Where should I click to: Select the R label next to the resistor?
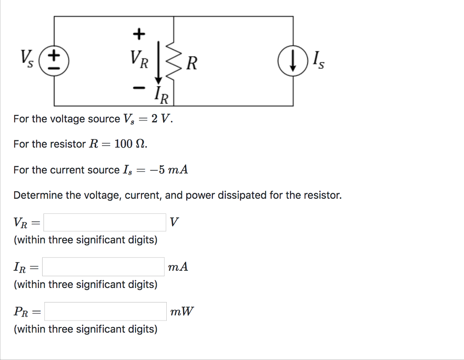pos(192,63)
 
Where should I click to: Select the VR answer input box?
pos(105,222)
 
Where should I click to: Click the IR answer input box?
pos(104,267)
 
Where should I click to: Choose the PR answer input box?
pos(105,312)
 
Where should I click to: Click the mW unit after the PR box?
pos(182,312)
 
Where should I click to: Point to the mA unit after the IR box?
pos(178,267)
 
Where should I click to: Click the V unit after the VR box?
pos(174,222)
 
